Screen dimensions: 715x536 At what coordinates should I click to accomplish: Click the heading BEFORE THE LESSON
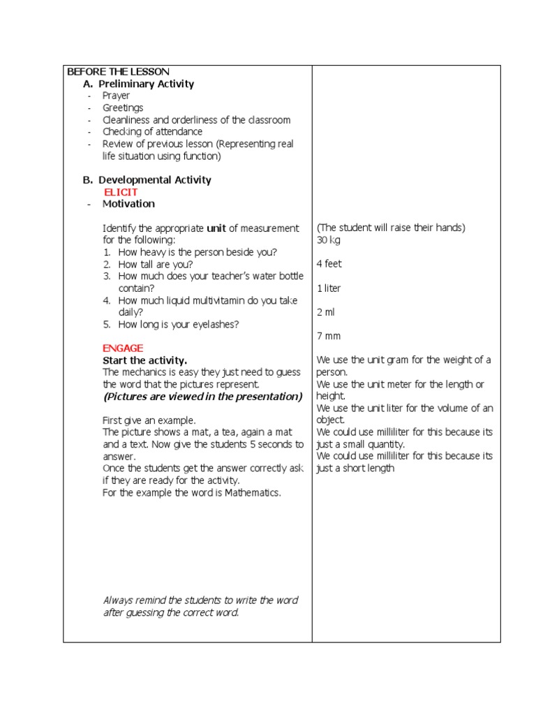pyautogui.click(x=118, y=72)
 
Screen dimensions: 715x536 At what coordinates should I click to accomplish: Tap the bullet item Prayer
pyautogui.click(x=116, y=96)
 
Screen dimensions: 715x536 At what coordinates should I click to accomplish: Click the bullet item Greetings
pyautogui.click(x=123, y=108)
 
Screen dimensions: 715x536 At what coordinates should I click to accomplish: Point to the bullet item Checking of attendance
pyautogui.click(x=152, y=131)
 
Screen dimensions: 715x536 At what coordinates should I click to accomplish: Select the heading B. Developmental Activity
pyautogui.click(x=147, y=179)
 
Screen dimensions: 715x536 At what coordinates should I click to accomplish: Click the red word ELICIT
pyautogui.click(x=121, y=192)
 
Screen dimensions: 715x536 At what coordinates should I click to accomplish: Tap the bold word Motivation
pyautogui.click(x=128, y=204)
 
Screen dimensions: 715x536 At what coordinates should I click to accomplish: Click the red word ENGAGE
pyautogui.click(x=123, y=348)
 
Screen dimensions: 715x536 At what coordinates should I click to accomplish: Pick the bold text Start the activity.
pyautogui.click(x=144, y=360)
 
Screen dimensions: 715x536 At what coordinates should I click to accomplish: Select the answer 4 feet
pyautogui.click(x=329, y=264)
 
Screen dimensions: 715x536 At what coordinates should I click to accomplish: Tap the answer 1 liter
pyautogui.click(x=329, y=288)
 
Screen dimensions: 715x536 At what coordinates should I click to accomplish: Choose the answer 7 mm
pyautogui.click(x=329, y=336)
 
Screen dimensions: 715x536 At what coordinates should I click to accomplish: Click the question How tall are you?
pyautogui.click(x=156, y=265)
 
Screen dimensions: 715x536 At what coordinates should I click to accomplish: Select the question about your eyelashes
pyautogui.click(x=179, y=324)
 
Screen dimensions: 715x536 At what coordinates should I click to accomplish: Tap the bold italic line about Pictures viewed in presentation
pyautogui.click(x=202, y=397)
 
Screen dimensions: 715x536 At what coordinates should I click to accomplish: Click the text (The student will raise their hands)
pyautogui.click(x=391, y=228)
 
